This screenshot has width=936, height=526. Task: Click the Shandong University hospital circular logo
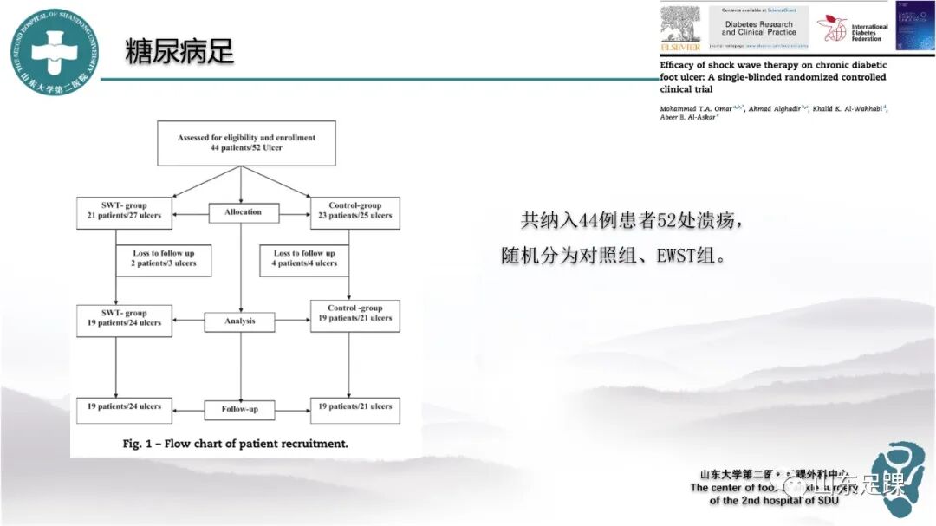point(54,52)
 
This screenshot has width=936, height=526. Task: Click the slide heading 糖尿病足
point(179,51)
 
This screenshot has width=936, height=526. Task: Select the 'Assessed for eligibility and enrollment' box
point(246,143)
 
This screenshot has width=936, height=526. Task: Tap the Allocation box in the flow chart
point(244,212)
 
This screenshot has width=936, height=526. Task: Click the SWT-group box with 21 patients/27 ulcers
point(125,211)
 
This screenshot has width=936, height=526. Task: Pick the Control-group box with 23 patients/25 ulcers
point(354,211)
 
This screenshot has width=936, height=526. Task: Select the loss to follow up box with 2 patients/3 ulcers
point(165,259)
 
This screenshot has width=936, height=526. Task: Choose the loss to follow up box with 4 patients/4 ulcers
point(305,259)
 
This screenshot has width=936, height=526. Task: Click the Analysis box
point(240,321)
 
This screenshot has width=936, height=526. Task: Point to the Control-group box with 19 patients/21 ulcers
point(354,314)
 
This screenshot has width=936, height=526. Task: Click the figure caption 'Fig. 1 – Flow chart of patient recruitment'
point(235,444)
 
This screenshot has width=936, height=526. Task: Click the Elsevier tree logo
point(679,27)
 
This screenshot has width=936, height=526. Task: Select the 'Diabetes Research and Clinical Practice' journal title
point(758,29)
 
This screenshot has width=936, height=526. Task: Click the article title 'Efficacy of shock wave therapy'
point(773,76)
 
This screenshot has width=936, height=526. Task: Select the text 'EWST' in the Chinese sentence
point(660,257)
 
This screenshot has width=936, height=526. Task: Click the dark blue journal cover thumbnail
point(913,26)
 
